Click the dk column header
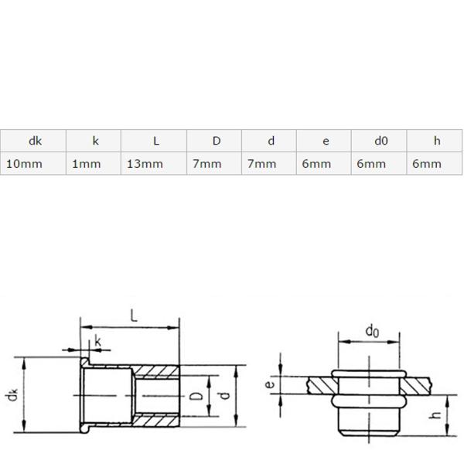pyautogui.click(x=36, y=141)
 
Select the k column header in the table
pyautogui.click(x=95, y=141)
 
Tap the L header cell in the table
pyautogui.click(x=156, y=141)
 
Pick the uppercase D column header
pyautogui.click(x=217, y=141)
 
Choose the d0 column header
pyautogui.click(x=380, y=141)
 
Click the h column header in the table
pyautogui.click(x=437, y=141)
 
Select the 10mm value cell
pyautogui.click(x=24, y=164)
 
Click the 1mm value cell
pyautogui.click(x=87, y=164)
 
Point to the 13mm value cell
pyautogui.click(x=145, y=164)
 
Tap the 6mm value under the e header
pyautogui.click(x=316, y=164)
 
